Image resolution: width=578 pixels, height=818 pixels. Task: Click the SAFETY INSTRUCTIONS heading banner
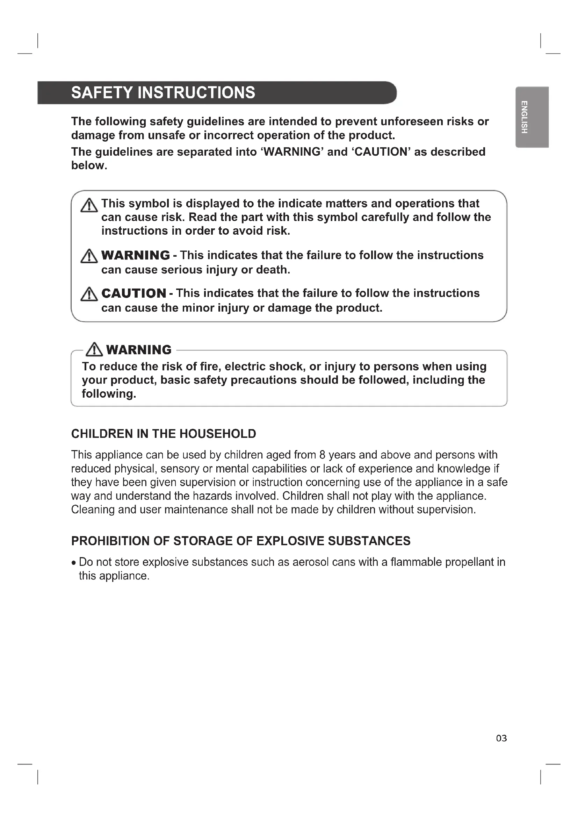(x=217, y=93)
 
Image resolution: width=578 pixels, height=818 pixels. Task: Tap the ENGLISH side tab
(x=532, y=117)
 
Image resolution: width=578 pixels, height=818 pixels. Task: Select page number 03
(x=501, y=738)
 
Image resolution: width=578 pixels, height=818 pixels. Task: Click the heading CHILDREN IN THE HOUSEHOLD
(x=163, y=434)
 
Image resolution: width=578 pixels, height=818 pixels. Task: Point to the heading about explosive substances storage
(x=240, y=541)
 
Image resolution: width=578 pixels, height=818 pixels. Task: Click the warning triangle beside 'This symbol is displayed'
(x=89, y=206)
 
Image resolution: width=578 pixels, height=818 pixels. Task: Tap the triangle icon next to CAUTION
(x=89, y=294)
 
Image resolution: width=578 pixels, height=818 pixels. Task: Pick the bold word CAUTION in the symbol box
(x=133, y=293)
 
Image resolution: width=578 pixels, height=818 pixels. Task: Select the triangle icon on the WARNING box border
(x=94, y=349)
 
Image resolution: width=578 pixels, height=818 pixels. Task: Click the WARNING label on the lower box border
(x=139, y=350)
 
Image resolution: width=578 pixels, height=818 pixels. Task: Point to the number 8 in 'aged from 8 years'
(x=323, y=455)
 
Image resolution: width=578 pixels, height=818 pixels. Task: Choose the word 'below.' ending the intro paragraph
(x=89, y=165)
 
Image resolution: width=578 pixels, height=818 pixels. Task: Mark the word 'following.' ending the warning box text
(x=109, y=394)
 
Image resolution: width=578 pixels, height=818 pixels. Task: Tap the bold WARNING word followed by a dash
(x=136, y=255)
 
